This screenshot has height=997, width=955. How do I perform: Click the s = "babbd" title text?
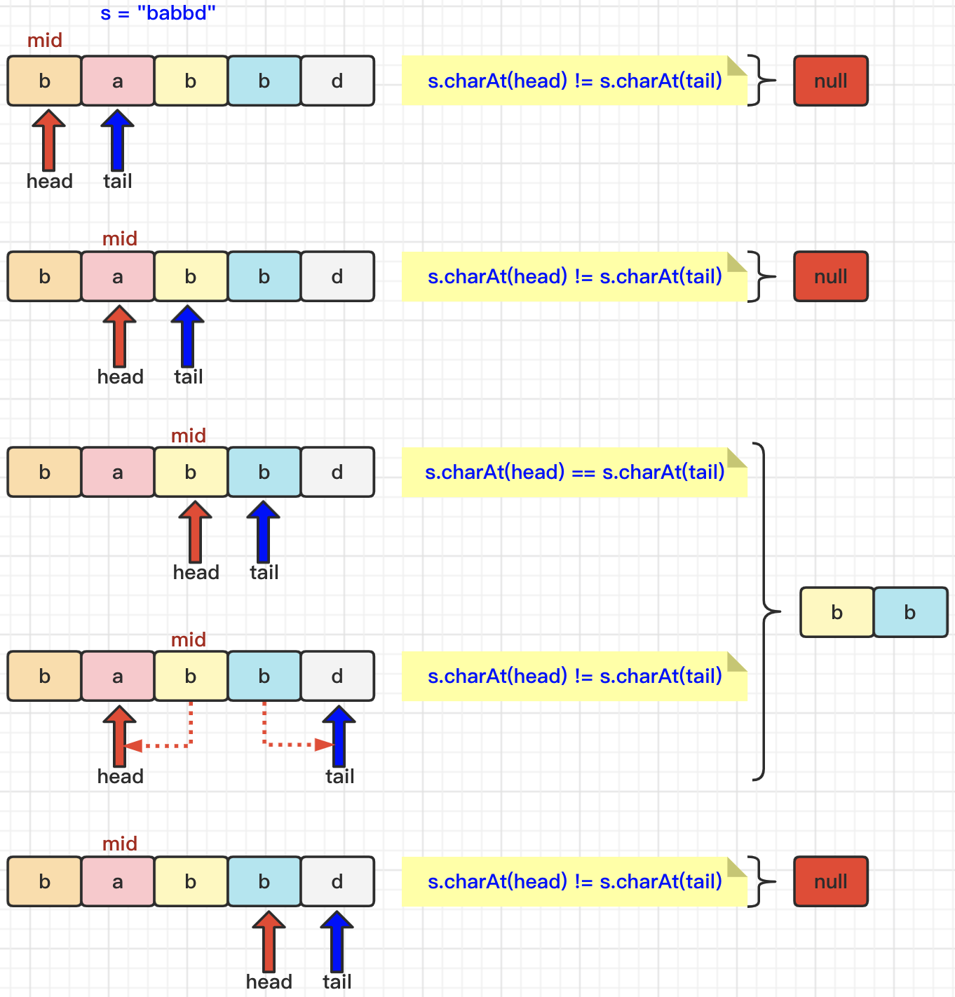[x=158, y=13]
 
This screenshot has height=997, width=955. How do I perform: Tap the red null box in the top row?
[x=831, y=81]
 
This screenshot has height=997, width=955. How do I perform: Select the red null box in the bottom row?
[x=831, y=881]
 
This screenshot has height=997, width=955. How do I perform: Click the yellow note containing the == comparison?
[x=574, y=473]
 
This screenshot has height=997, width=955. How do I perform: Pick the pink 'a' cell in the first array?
[x=118, y=81]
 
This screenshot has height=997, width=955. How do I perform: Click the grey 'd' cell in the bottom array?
[x=337, y=881]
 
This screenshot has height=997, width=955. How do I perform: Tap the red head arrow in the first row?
[x=49, y=140]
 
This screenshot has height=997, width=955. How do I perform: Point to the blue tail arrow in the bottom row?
[x=337, y=941]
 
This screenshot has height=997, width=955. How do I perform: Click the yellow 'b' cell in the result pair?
[x=837, y=612]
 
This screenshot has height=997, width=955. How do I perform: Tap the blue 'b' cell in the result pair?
[x=910, y=612]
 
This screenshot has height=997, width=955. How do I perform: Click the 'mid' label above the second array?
[x=120, y=239]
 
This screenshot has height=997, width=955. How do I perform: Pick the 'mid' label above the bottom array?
[x=120, y=843]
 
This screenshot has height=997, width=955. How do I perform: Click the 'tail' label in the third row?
[x=264, y=573]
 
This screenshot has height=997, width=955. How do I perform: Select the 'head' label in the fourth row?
[x=121, y=777]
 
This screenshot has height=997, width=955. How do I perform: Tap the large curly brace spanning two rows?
[x=765, y=611]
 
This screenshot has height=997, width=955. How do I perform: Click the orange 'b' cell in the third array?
[x=45, y=473]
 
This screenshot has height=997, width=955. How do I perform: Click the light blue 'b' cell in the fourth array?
[x=264, y=677]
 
